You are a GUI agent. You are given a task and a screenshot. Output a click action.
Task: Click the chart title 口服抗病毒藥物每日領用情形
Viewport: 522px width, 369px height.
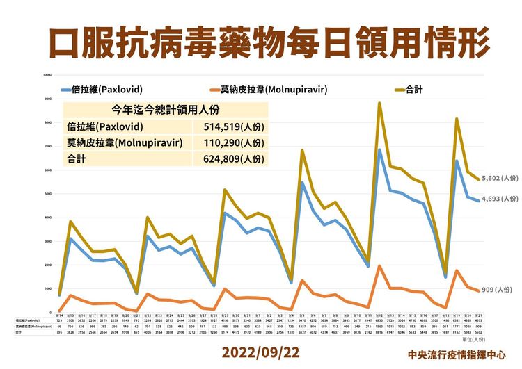click(x=261, y=41)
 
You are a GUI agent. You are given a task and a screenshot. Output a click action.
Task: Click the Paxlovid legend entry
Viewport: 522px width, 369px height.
click(x=104, y=90)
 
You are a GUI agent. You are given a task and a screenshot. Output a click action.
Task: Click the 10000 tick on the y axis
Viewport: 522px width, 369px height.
click(x=47, y=75)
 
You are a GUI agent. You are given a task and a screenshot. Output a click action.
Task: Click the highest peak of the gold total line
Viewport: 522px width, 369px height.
click(x=379, y=103)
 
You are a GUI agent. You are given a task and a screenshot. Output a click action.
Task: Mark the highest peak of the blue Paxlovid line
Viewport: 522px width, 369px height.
click(x=379, y=149)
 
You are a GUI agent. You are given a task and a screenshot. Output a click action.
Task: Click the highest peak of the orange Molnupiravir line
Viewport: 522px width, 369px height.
click(x=379, y=265)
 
